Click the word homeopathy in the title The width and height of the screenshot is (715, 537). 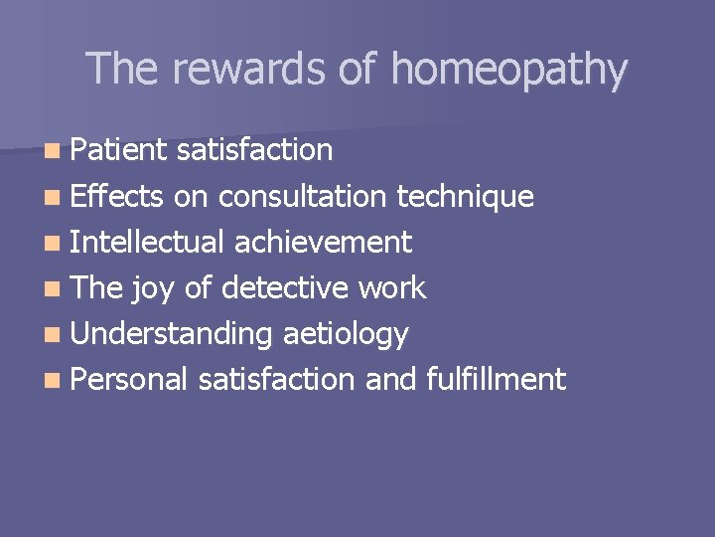508,70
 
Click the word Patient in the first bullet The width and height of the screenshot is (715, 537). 119,150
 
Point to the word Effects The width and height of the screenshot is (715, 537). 116,196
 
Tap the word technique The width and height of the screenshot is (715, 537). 465,196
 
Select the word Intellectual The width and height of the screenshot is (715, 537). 148,242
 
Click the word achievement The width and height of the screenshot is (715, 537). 323,242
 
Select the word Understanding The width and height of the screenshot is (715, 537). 171,334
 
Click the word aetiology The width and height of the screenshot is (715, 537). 346,334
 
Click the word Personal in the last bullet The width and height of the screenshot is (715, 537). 129,379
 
